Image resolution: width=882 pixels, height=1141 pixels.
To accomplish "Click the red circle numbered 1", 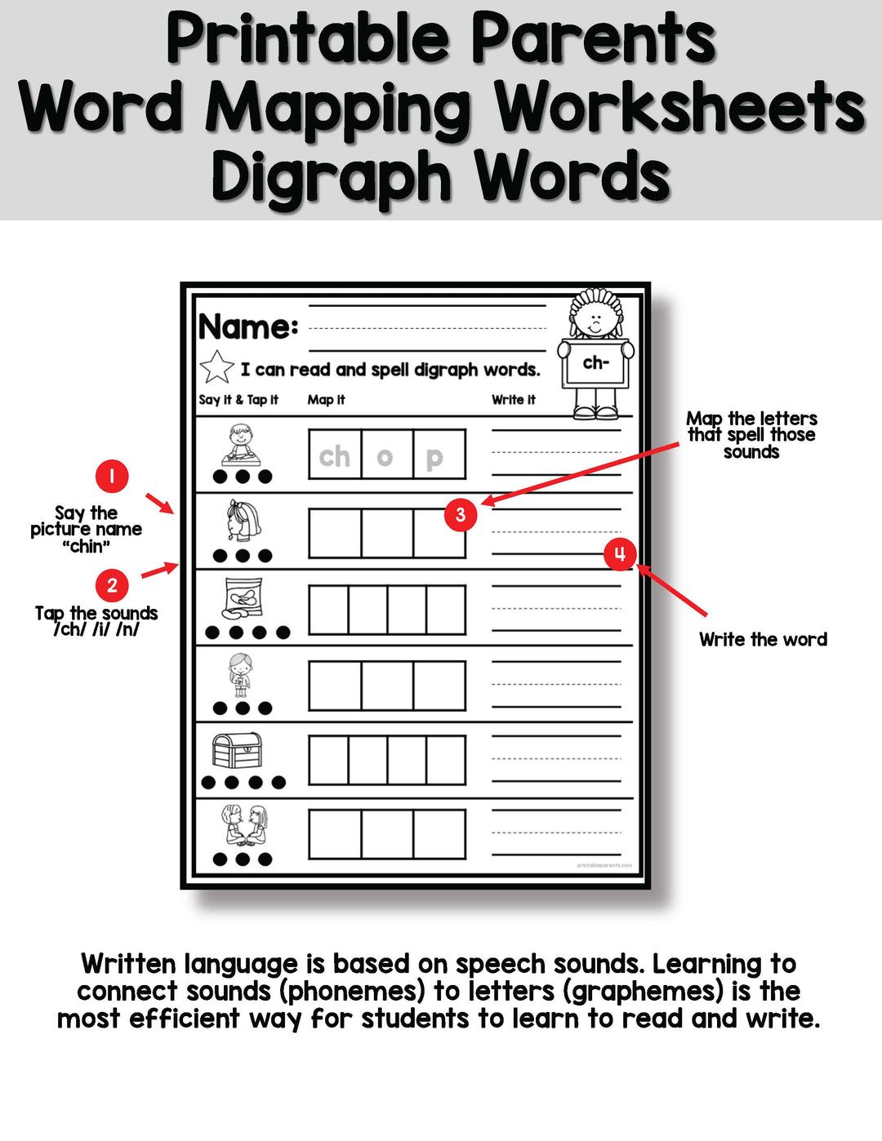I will coord(112,476).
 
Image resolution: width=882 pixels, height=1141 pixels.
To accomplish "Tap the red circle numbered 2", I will coord(112,585).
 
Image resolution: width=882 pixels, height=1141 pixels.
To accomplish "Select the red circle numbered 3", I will coord(461,514).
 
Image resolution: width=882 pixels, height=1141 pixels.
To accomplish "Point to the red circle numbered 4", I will coord(620,554).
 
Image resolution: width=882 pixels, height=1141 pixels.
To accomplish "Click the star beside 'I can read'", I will coord(216,367).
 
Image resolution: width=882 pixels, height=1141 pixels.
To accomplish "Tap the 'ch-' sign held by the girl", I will coord(596,364).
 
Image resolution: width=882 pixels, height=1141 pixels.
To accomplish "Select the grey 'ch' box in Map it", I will coord(335,455).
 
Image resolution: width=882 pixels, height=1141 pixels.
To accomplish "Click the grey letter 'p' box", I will coord(439,455).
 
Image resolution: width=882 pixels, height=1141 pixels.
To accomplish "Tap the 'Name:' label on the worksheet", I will coord(248,326).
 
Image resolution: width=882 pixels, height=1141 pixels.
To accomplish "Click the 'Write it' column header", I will coord(514,399).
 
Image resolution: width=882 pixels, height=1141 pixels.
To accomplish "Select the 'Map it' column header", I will coord(326,399).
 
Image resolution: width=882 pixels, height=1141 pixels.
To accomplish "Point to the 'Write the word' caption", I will coord(763,639).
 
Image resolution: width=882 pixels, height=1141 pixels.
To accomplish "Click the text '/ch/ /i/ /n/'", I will coord(96,629).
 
